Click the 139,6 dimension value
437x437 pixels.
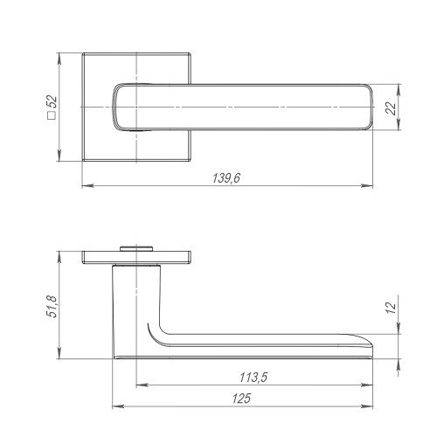pos(226,177)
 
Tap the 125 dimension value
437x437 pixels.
pos(244,399)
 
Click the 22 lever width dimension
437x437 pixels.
pos(391,108)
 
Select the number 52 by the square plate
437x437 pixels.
pos(52,101)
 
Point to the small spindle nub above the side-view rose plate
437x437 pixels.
pos(135,248)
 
